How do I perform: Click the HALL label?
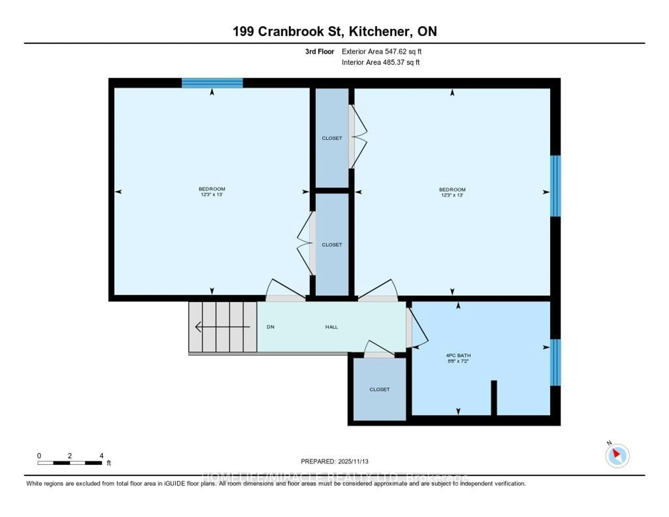click(x=331, y=327)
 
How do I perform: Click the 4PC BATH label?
click(x=458, y=355)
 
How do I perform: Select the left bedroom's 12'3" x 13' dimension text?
click(x=212, y=194)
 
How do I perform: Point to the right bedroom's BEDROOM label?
click(x=452, y=190)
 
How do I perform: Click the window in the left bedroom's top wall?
click(x=212, y=83)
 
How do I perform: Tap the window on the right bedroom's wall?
click(x=555, y=186)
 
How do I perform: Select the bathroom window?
click(x=555, y=362)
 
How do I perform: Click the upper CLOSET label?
click(x=332, y=138)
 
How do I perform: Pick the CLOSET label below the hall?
click(x=379, y=390)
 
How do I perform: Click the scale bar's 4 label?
click(x=101, y=456)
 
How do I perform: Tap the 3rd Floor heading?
click(x=320, y=51)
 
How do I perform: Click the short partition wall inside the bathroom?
click(x=494, y=397)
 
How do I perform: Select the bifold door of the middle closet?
click(x=305, y=244)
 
